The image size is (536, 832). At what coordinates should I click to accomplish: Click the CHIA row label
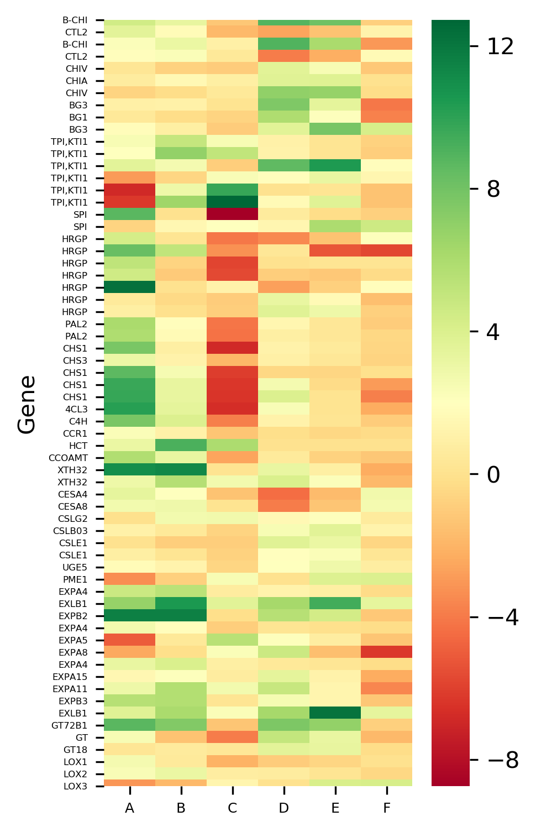coord(76,81)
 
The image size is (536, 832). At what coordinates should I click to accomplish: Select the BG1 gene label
coord(78,117)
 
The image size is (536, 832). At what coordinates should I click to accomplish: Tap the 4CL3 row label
coord(76,409)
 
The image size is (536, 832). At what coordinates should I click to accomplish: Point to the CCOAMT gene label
coord(68,458)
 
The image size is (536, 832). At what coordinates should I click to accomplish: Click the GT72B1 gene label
coord(69,725)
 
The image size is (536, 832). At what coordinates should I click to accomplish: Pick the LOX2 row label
coord(75,774)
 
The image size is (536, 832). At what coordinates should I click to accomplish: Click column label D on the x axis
coord(283,808)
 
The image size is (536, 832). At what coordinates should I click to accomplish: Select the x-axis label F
coord(386,808)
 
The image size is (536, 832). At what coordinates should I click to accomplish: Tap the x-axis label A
coord(129,808)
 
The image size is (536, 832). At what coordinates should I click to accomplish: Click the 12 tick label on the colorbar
coord(500,47)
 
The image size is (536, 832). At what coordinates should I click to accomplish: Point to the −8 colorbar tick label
coord(503,761)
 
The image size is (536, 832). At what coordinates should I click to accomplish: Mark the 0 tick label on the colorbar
coord(493,475)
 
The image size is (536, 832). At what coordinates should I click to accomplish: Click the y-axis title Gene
coord(27,404)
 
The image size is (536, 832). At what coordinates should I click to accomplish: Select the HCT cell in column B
coord(181,446)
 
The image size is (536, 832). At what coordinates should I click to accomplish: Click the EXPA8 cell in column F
coord(386,652)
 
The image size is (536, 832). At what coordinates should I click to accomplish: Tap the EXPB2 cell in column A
coord(129,616)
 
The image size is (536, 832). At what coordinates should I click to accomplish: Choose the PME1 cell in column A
coord(129,579)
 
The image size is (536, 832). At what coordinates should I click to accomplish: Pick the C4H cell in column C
coord(232,421)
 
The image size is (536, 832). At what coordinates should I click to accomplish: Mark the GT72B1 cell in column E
coord(335,725)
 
